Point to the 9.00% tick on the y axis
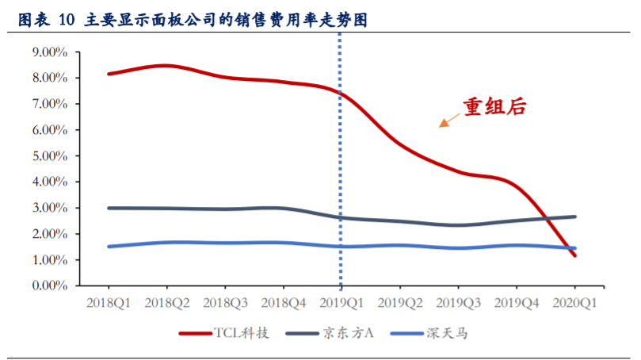[x=50, y=52]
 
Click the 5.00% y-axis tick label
[x=50, y=156]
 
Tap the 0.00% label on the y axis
[x=50, y=286]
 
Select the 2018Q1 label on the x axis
[x=109, y=303]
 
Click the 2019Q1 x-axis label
[x=341, y=303]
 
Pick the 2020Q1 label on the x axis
[x=574, y=303]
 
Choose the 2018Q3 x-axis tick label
[x=225, y=303]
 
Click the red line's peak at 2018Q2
[x=166, y=66]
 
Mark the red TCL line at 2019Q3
[x=458, y=171]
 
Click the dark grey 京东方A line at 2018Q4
[x=283, y=209]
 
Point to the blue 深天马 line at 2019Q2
[x=399, y=245]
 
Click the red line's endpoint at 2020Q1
[x=574, y=255]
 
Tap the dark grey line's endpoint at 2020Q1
[x=574, y=216]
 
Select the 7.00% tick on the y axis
[x=50, y=104]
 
